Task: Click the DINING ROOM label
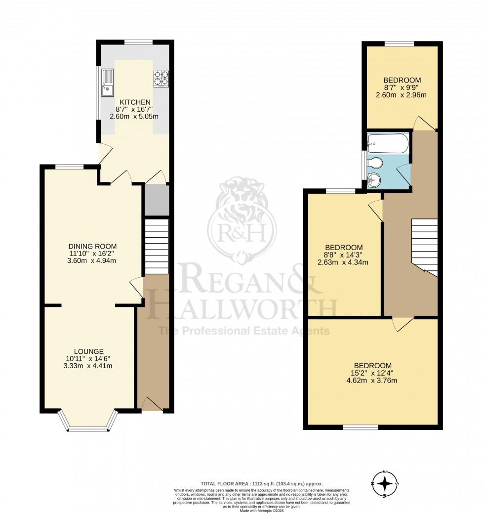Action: click(x=93, y=246)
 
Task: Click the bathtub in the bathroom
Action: click(x=389, y=143)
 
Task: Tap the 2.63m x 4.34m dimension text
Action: click(x=343, y=262)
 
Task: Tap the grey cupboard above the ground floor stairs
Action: click(x=157, y=200)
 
